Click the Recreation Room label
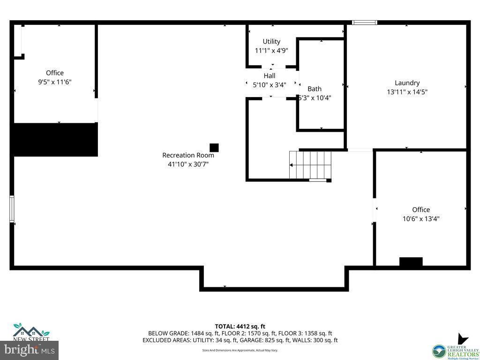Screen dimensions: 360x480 point(188,155)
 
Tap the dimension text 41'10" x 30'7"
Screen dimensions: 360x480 point(188,164)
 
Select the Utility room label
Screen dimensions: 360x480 point(271,42)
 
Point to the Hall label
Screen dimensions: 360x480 point(270,76)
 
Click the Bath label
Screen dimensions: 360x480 point(315,89)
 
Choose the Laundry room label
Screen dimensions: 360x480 point(407,83)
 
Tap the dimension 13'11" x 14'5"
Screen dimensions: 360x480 point(407,92)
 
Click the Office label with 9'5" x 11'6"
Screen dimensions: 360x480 point(55,73)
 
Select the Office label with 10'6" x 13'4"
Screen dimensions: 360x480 point(421,210)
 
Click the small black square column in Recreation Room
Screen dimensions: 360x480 point(214,148)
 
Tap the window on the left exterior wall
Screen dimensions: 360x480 point(12,209)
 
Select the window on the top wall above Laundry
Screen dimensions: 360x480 point(365,22)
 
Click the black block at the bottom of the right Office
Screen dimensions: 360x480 point(411,262)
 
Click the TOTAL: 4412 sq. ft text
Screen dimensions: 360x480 point(240,326)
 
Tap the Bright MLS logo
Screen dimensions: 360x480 point(30,349)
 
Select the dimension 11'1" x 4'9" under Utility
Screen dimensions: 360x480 point(271,51)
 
